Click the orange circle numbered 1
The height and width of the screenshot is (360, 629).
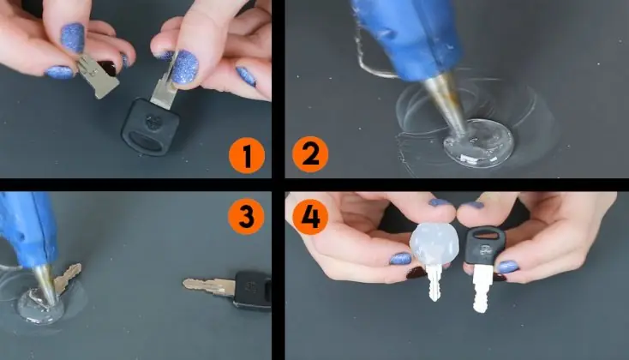click(246, 155)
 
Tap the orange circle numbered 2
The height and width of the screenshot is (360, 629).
click(310, 154)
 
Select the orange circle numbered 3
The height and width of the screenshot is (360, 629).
click(246, 217)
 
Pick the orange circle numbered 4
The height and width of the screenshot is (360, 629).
click(310, 217)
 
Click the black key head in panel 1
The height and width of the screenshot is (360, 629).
click(150, 126)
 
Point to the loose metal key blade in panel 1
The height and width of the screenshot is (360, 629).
click(98, 76)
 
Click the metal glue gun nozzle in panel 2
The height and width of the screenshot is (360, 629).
click(447, 104)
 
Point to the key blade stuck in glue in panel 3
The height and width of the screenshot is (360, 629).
click(67, 277)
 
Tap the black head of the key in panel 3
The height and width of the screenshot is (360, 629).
click(253, 291)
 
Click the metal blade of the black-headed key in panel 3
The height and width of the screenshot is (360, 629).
click(208, 286)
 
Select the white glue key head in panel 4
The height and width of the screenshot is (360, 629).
click(434, 243)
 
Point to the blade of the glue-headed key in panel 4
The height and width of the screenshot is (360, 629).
click(434, 283)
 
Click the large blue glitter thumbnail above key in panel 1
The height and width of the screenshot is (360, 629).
click(185, 66)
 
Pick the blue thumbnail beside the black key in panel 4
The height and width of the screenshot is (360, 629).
click(506, 267)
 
